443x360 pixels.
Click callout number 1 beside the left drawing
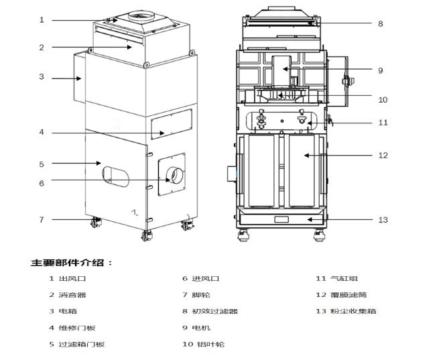[41, 20]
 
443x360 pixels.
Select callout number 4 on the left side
[41, 132]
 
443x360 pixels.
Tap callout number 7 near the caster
[41, 219]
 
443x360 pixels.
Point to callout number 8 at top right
[380, 23]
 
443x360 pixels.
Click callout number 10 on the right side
[383, 100]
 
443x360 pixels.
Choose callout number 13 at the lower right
[383, 219]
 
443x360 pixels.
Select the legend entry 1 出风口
[68, 278]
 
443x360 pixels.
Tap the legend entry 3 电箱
[64, 311]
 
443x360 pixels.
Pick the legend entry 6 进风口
[201, 278]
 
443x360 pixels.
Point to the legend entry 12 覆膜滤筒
[341, 295]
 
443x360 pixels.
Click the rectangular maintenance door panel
[171, 125]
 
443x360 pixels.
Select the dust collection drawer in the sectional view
[281, 219]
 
